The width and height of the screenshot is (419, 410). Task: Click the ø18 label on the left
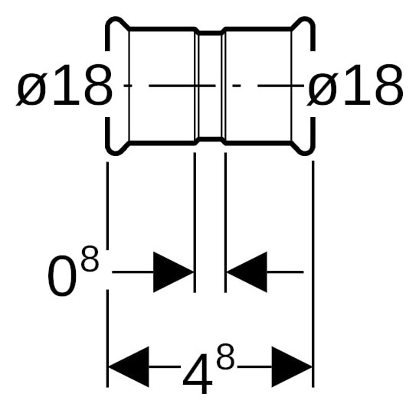64,86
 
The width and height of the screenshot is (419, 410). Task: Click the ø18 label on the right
355,86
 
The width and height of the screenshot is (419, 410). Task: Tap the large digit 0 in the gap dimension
62,276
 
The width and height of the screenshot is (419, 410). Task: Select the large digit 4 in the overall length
197,374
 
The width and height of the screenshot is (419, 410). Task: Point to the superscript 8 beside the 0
90,258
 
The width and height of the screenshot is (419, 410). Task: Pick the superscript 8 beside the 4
226,356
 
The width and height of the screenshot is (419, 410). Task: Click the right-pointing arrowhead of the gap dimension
173,272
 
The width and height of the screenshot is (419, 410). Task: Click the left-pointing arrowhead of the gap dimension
247,272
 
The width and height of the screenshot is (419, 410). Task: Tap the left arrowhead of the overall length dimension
128,366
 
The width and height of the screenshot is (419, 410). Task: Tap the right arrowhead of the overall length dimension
292,366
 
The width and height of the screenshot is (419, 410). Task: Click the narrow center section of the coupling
211,86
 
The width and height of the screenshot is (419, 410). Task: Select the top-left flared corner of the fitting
117,27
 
